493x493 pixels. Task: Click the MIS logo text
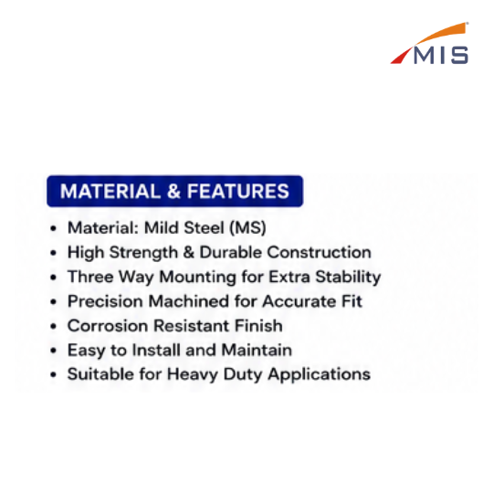click(441, 56)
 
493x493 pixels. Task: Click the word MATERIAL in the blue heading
click(110, 191)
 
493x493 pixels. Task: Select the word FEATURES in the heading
click(238, 191)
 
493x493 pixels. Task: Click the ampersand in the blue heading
click(173, 191)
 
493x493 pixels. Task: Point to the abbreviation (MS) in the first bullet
click(248, 228)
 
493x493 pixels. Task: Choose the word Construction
click(320, 252)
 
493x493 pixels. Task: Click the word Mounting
click(198, 278)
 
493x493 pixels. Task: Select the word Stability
click(348, 278)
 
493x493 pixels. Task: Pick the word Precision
click(105, 301)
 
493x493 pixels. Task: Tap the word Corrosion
click(108, 326)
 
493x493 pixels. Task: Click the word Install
click(156, 350)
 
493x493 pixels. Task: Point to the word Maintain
click(257, 350)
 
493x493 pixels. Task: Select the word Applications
click(320, 375)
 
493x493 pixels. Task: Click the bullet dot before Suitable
click(54, 375)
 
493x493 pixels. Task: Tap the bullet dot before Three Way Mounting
click(54, 278)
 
